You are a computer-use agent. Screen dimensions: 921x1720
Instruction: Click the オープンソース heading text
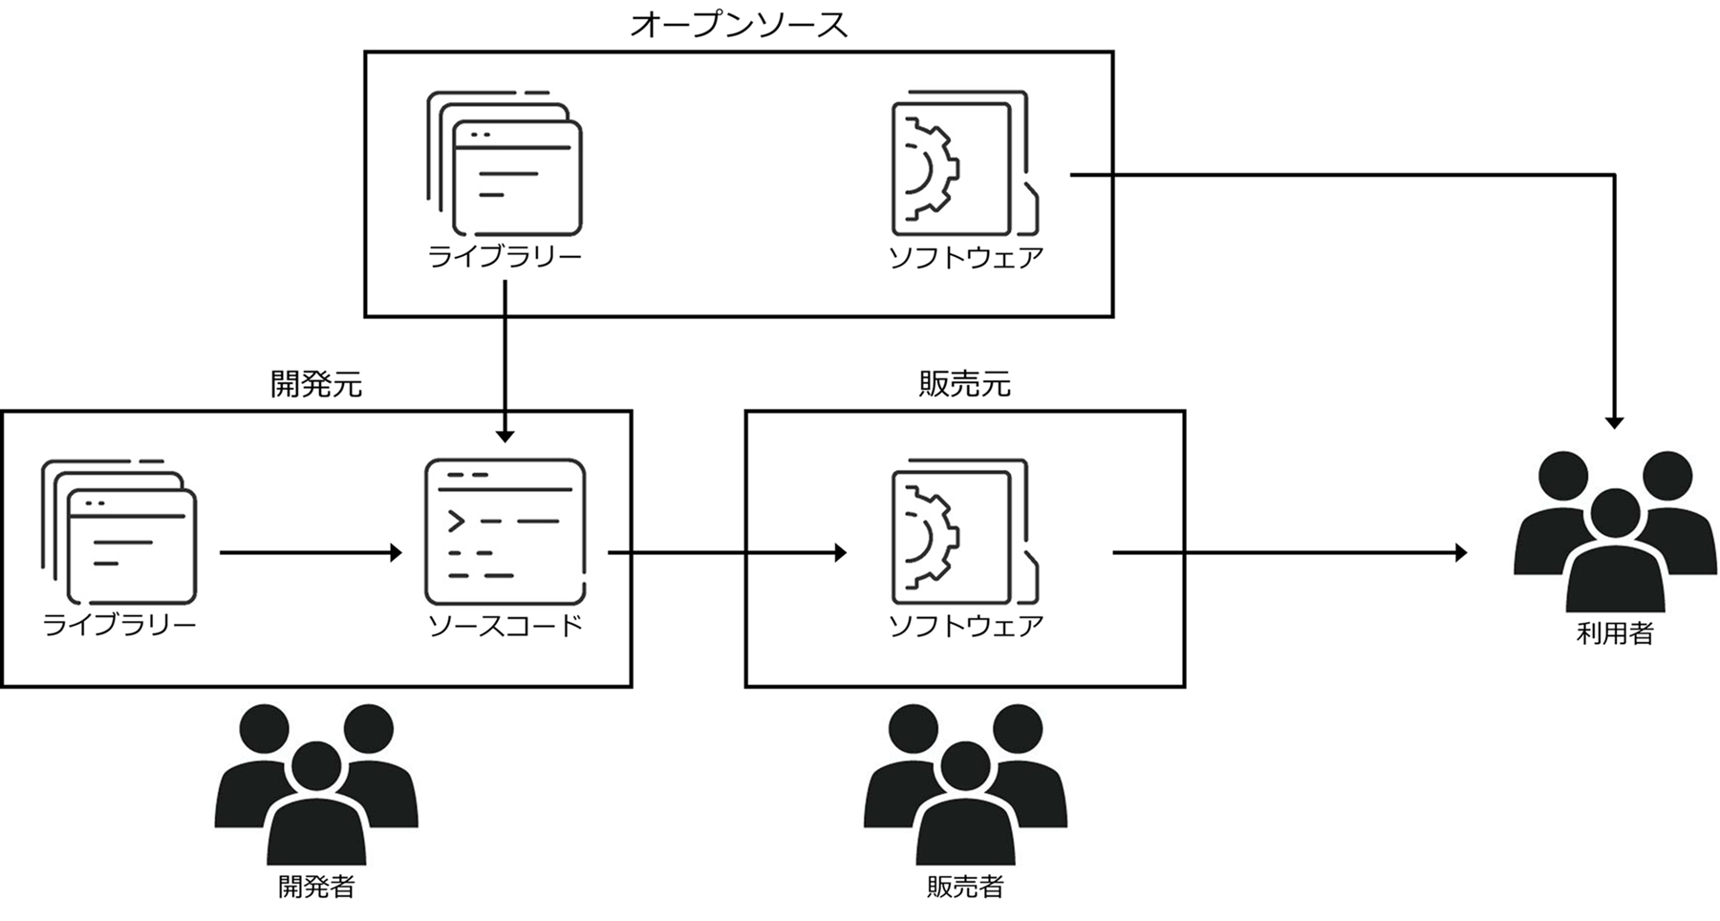(x=739, y=25)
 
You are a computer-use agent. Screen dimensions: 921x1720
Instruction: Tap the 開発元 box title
(x=316, y=384)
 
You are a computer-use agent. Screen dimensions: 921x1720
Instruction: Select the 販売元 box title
(x=964, y=384)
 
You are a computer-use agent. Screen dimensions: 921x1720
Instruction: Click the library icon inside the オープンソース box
(x=505, y=163)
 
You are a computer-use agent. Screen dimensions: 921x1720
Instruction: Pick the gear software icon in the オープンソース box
(x=964, y=163)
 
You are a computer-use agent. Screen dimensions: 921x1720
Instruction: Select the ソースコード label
(x=505, y=626)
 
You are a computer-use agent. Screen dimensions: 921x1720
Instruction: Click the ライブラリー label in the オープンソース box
(x=505, y=257)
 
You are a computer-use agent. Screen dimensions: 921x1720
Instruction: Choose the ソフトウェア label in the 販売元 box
(x=965, y=626)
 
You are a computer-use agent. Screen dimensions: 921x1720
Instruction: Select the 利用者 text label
(x=1615, y=633)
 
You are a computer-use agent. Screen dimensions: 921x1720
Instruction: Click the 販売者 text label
(x=965, y=887)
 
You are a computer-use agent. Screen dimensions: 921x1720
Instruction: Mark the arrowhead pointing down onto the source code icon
(x=505, y=435)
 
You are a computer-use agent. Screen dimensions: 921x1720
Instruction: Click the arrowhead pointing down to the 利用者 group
(x=1615, y=421)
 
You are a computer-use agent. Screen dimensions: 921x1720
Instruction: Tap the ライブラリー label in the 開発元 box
(x=119, y=626)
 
